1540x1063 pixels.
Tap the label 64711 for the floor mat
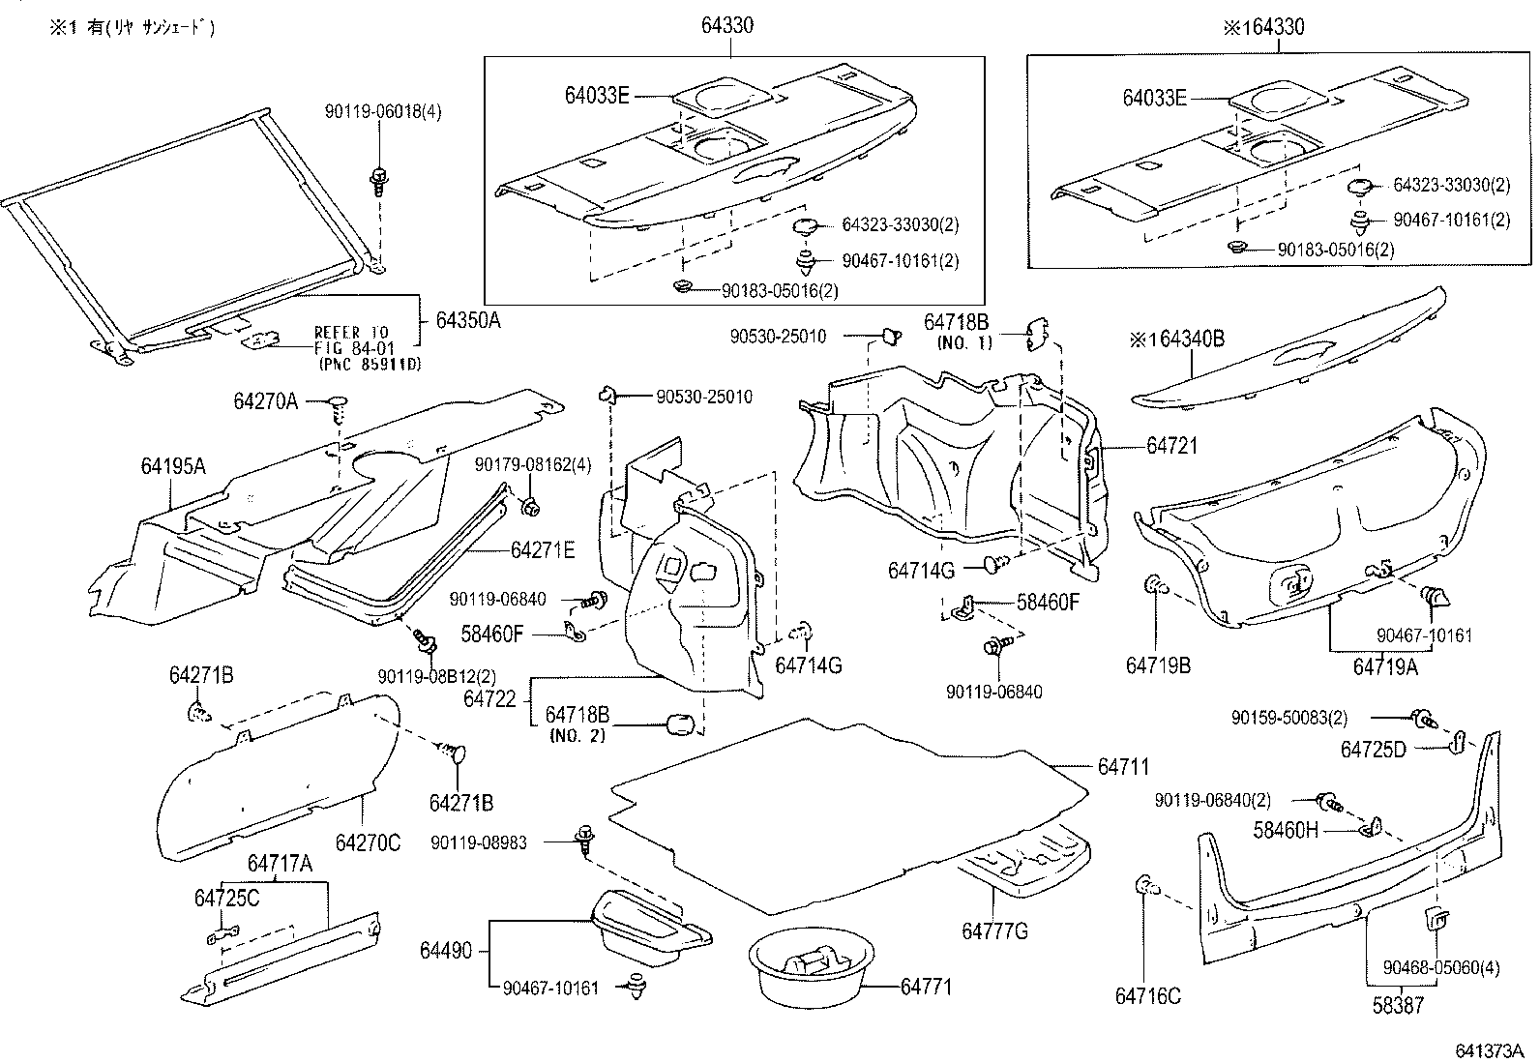click(x=1123, y=766)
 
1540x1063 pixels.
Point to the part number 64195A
click(x=173, y=466)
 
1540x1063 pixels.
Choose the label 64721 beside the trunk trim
click(x=1171, y=446)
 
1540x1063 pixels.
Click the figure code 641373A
click(x=1490, y=1050)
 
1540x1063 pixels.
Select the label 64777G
click(x=994, y=930)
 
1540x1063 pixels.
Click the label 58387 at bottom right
click(x=1398, y=1006)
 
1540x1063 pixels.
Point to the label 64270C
click(x=368, y=842)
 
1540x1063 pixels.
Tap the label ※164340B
click(x=1176, y=339)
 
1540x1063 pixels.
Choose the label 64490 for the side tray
click(x=446, y=951)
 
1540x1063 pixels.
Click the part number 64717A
click(x=280, y=864)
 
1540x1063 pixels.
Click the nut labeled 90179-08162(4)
click(x=529, y=505)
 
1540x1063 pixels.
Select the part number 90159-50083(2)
click(x=1289, y=718)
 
